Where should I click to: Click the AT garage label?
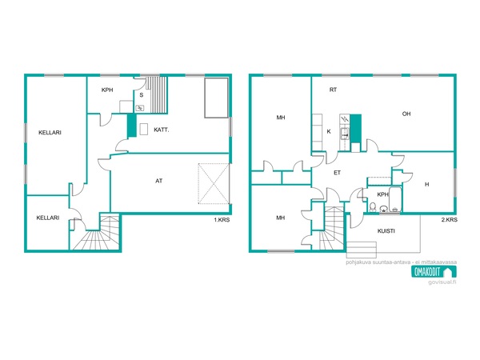158,181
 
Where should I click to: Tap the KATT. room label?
162,130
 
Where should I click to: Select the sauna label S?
142,95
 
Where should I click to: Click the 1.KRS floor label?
222,220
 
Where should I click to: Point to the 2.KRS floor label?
450,220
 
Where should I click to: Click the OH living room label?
406,114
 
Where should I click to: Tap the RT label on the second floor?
333,90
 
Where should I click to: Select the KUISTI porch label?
386,231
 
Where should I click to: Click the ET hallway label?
337,173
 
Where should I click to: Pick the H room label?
426,184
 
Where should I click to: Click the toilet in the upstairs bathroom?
373,207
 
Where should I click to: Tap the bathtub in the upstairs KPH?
395,199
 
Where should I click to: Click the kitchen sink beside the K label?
345,134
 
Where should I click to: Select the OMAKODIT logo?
434,271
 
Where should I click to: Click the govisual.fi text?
442,282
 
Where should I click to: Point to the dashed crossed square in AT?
214,184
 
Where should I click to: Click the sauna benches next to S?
157,95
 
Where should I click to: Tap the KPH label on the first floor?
107,90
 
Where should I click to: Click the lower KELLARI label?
48,218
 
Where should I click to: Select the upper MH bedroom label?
281,118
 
